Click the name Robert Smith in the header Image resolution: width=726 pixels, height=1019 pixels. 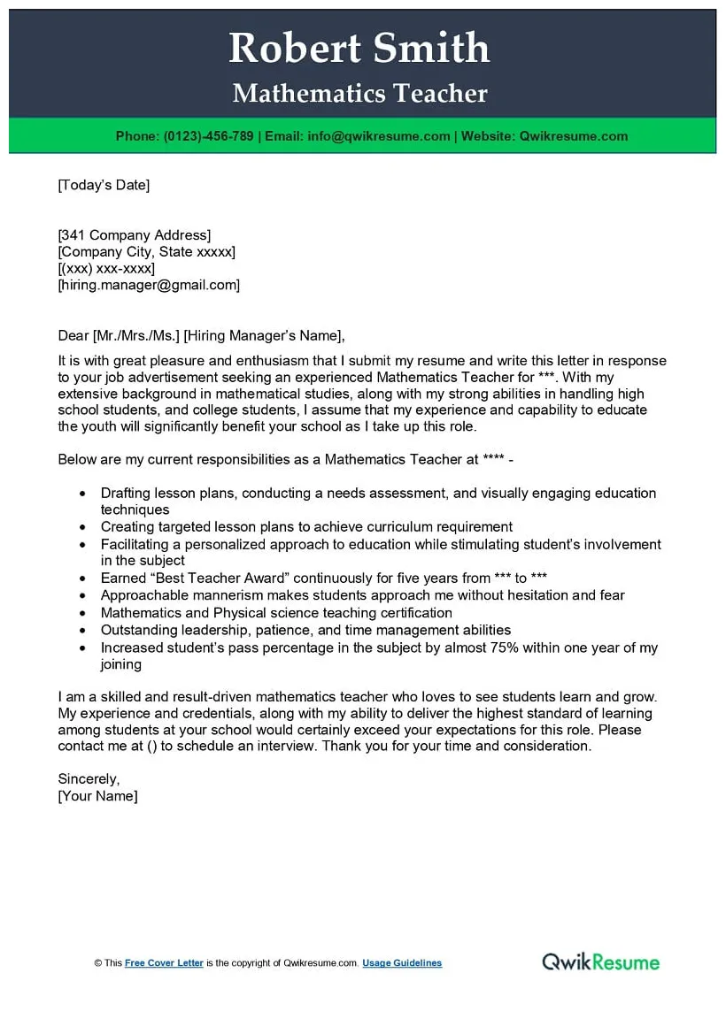359,48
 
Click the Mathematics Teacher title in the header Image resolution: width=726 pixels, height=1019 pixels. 359,94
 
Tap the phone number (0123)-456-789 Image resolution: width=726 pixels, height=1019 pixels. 208,136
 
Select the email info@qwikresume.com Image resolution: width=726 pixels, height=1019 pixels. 379,136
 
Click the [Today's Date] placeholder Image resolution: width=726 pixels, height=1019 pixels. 104,185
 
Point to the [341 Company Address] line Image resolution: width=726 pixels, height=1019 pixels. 135,235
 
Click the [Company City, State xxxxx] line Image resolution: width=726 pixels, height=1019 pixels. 147,252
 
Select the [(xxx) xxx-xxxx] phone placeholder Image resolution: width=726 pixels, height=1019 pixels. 106,268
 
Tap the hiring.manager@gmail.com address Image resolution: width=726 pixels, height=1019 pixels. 149,285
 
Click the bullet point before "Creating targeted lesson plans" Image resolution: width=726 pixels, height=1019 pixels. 83,527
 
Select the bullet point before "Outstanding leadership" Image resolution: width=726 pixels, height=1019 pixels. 83,631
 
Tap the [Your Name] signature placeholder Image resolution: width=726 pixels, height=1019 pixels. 97,795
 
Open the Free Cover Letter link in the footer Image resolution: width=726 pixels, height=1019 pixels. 164,963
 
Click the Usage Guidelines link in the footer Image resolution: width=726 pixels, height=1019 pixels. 402,963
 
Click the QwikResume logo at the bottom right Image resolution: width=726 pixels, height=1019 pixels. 601,962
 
